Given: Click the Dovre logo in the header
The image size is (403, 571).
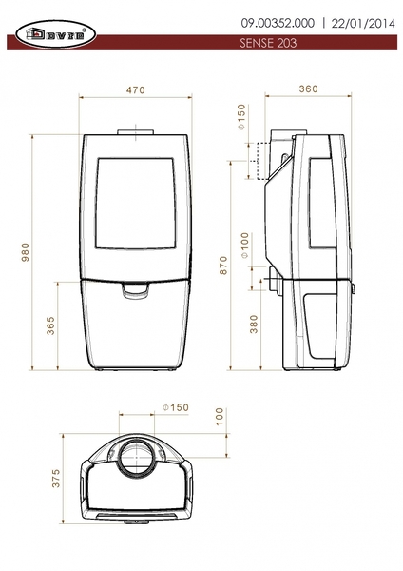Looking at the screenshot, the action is point(56,34).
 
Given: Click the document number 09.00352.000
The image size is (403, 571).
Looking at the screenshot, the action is point(278,23).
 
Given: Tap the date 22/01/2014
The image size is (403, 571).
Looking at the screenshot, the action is point(363,24).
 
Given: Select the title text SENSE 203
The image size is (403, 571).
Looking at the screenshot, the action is point(268,43).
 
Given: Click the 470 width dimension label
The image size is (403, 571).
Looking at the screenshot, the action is point(136,90).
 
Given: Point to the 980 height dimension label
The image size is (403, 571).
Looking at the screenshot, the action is point(25,252).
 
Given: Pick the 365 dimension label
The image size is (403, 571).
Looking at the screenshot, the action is point(51,325).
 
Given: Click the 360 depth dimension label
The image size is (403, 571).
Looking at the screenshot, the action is point(309,89).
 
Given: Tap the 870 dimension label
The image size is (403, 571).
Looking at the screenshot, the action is point(223,266).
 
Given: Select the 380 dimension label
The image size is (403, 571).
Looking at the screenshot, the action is point(254,324).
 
